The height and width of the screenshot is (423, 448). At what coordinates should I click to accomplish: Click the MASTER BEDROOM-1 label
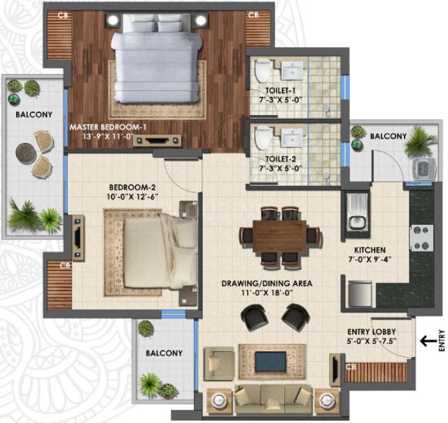tap(108, 127)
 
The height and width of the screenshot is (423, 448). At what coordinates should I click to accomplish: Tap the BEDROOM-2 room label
tap(133, 187)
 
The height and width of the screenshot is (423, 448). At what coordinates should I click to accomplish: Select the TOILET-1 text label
tap(281, 90)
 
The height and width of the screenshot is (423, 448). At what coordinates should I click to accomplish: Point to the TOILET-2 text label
tap(281, 159)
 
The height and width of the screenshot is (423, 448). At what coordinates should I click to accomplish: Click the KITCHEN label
tap(370, 250)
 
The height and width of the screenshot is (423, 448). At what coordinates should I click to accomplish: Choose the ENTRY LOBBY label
tap(372, 332)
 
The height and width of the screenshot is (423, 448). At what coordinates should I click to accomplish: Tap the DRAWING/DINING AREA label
tap(267, 284)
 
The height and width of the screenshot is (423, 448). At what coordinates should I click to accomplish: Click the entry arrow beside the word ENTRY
tap(429, 340)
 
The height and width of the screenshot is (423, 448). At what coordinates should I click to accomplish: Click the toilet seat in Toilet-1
tap(262, 70)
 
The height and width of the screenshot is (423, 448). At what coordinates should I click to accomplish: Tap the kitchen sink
tap(357, 212)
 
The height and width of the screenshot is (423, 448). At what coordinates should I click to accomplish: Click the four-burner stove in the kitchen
tap(421, 238)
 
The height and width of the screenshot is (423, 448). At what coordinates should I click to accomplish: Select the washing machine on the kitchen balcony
tap(423, 169)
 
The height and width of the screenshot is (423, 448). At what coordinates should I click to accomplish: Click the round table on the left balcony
tap(26, 153)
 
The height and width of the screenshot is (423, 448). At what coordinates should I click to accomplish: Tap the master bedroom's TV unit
tap(157, 140)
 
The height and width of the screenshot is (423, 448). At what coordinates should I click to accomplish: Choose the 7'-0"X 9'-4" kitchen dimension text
tap(369, 260)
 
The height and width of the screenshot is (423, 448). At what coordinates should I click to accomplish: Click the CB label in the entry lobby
tap(351, 366)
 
